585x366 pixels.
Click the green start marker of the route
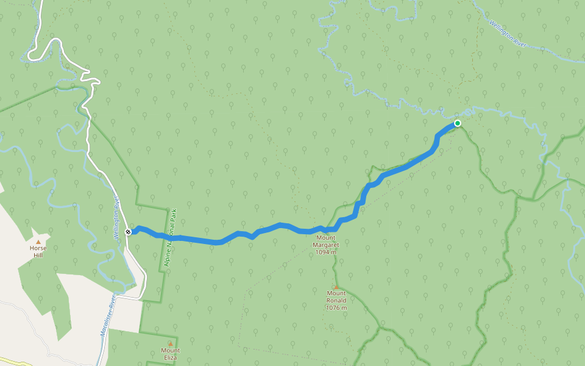click(x=457, y=123)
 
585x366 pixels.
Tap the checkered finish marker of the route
click(x=128, y=232)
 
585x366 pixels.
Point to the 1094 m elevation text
click(x=327, y=252)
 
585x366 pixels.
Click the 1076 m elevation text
click(x=336, y=307)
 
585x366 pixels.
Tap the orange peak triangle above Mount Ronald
click(x=335, y=287)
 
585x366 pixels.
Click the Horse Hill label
click(x=38, y=252)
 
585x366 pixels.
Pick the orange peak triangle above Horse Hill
click(x=38, y=242)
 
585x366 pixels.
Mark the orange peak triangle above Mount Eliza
click(x=170, y=344)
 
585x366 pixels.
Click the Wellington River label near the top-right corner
click(x=507, y=33)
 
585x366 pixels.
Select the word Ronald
click(x=336, y=300)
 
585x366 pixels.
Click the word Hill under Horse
click(x=38, y=256)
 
